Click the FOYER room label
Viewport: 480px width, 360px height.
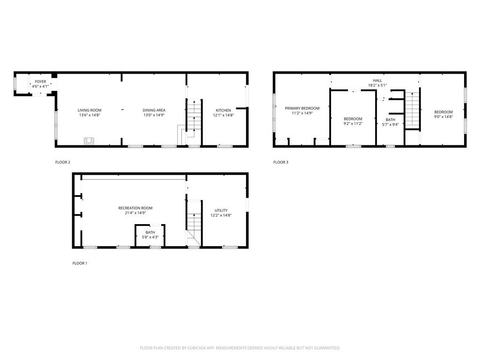40,82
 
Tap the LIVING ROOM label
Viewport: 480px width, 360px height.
90,110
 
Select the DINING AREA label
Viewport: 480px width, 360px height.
154,110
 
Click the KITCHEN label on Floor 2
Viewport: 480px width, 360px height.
223,110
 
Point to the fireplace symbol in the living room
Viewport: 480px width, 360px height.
89,141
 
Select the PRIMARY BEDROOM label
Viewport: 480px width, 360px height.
302,108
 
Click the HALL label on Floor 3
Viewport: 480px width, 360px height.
377,81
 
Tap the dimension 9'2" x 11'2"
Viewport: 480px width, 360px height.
352,124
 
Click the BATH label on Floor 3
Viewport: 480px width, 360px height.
390,120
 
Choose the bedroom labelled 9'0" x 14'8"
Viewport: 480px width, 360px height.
443,115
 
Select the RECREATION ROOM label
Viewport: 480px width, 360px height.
135,208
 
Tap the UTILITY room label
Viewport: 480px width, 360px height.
221,210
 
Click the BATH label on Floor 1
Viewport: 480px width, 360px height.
150,232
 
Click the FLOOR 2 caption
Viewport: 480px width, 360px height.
63,162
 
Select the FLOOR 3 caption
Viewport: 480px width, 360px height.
281,162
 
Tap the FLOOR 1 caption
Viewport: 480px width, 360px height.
80,263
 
